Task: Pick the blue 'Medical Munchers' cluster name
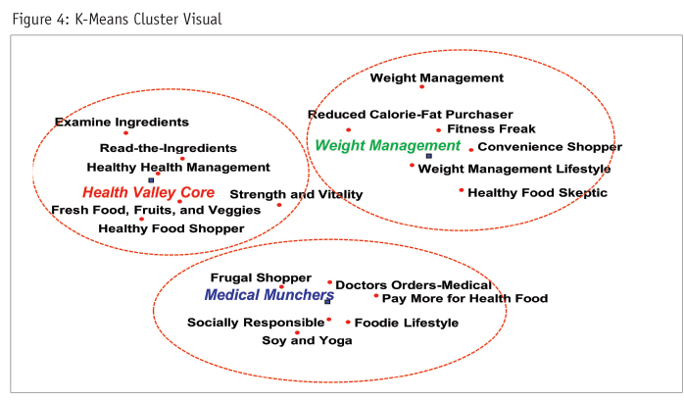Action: [x=269, y=295]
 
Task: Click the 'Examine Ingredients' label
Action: [x=122, y=123]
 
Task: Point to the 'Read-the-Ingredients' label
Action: [x=169, y=148]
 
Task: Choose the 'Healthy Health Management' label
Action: [x=178, y=168]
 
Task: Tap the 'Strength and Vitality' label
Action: [x=296, y=195]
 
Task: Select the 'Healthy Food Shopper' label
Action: [x=171, y=229]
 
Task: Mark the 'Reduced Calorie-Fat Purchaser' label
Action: [x=410, y=115]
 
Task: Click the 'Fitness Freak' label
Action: [x=491, y=128]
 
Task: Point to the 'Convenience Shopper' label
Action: [x=550, y=147]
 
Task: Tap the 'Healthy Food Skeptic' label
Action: [x=537, y=193]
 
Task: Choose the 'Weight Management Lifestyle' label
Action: [x=514, y=169]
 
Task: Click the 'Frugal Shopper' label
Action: [x=261, y=278]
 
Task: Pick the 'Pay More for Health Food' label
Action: [x=464, y=298]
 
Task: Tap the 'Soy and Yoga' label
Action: [x=307, y=341]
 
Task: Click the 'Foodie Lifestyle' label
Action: [x=406, y=323]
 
